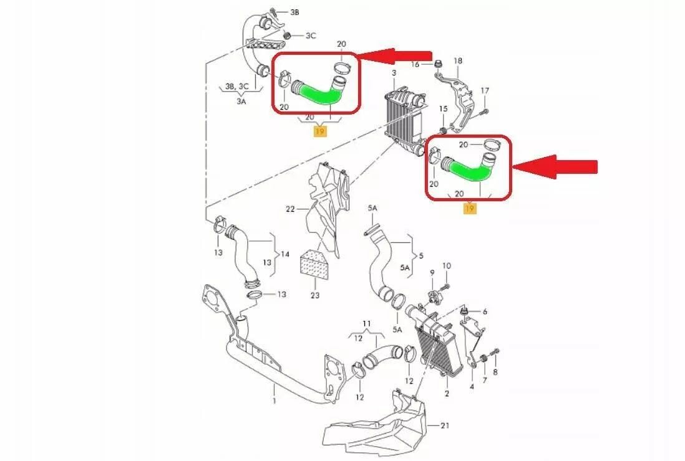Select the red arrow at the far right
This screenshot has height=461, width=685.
(x=555, y=166)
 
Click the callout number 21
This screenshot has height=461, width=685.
(x=445, y=425)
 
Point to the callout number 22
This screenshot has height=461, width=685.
(x=291, y=209)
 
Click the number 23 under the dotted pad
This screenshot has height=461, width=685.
(x=315, y=295)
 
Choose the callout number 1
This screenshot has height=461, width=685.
(x=274, y=401)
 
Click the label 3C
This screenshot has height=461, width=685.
(x=311, y=36)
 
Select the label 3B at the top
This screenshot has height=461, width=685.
(x=294, y=12)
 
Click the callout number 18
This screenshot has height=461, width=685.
(x=457, y=60)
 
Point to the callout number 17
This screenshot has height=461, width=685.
(x=485, y=91)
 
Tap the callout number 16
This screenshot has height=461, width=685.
(x=415, y=65)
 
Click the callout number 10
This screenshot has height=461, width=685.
(x=446, y=265)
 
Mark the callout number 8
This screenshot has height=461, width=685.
(x=495, y=372)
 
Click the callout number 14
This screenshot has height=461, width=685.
(x=285, y=254)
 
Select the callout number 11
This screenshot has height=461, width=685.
(x=367, y=323)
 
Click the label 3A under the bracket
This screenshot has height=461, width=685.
(x=241, y=101)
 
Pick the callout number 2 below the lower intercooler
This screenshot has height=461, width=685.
(x=447, y=393)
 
